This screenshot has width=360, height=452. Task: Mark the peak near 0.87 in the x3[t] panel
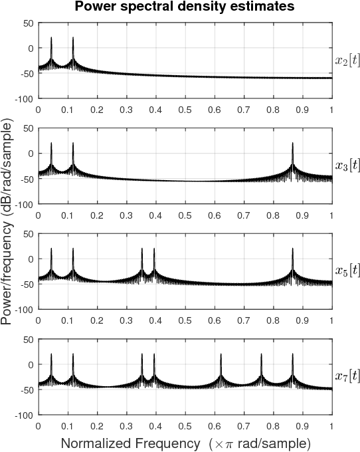click(x=292, y=144)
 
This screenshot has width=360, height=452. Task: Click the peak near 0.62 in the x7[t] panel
click(x=221, y=355)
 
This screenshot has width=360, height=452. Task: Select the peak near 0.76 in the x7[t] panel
click(x=261, y=355)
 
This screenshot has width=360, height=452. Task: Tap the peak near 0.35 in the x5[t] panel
click(x=141, y=249)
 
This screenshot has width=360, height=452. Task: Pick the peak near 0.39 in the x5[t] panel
click(x=154, y=249)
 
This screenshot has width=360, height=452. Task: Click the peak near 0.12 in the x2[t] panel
click(x=73, y=39)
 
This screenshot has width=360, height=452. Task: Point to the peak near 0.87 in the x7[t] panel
click(x=292, y=355)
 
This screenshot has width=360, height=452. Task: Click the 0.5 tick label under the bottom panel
click(x=185, y=425)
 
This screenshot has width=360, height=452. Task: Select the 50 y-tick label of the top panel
click(x=27, y=23)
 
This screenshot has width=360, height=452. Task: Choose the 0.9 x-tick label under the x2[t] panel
click(x=302, y=108)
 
